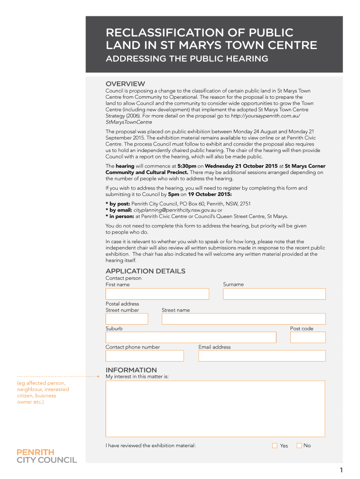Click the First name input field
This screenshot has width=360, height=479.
point(157,294)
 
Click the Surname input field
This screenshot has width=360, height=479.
point(274,294)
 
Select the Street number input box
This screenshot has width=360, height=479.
point(127,319)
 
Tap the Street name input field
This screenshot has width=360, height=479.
point(243,319)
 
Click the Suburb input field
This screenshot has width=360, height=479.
point(191,337)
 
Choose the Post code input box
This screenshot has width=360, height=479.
point(308,337)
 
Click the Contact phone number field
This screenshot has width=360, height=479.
point(144,356)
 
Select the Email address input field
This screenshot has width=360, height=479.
point(262,356)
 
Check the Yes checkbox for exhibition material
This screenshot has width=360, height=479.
point(275,446)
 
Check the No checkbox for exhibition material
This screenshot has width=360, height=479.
point(299,446)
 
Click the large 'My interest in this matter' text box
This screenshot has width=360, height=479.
point(215,409)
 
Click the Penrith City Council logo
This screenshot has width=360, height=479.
point(47,456)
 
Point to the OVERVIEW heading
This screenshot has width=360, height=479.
point(125,84)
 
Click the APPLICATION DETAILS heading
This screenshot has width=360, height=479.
point(145,271)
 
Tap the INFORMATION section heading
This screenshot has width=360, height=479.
point(131,370)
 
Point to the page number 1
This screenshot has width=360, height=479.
point(341,470)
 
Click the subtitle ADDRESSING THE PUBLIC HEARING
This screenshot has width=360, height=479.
point(187,59)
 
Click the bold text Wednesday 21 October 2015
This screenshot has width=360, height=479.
point(241,166)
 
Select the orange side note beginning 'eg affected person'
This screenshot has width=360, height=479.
point(43,392)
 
